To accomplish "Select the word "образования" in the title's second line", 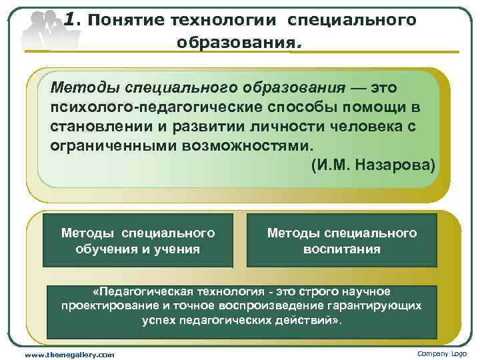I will click(x=234, y=43).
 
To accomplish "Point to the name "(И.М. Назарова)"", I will click(x=373, y=164).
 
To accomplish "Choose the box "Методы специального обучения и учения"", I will click(x=138, y=241).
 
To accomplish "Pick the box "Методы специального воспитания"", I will click(x=341, y=241).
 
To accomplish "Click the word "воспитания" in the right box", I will click(x=342, y=249).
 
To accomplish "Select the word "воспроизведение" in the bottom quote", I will click(x=248, y=306).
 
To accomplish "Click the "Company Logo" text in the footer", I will click(x=442, y=353).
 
